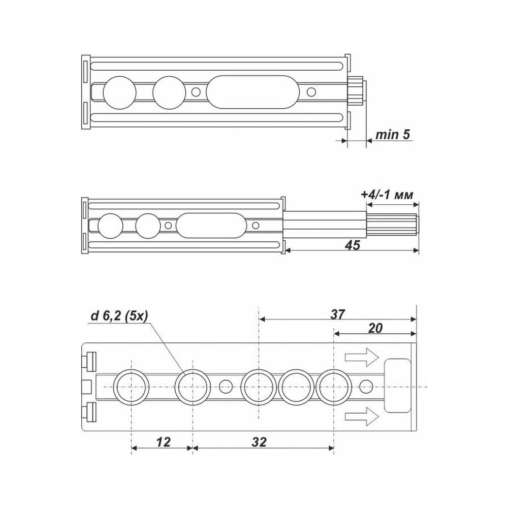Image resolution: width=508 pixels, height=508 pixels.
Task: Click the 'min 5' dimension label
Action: click(393, 134)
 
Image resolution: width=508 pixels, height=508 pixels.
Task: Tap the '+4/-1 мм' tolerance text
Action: click(387, 195)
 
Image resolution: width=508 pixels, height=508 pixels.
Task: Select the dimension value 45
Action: click(353, 245)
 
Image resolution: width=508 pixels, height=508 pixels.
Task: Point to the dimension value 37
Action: click(338, 314)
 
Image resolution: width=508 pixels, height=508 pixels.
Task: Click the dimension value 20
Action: click(375, 328)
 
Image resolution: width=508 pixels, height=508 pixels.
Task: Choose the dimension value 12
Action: click(163, 441)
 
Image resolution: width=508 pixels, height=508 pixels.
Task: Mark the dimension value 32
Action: click(259, 441)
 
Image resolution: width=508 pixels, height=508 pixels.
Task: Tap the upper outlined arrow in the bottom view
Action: click(362, 357)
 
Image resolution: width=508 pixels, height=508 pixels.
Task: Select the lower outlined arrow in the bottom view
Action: click(362, 416)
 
